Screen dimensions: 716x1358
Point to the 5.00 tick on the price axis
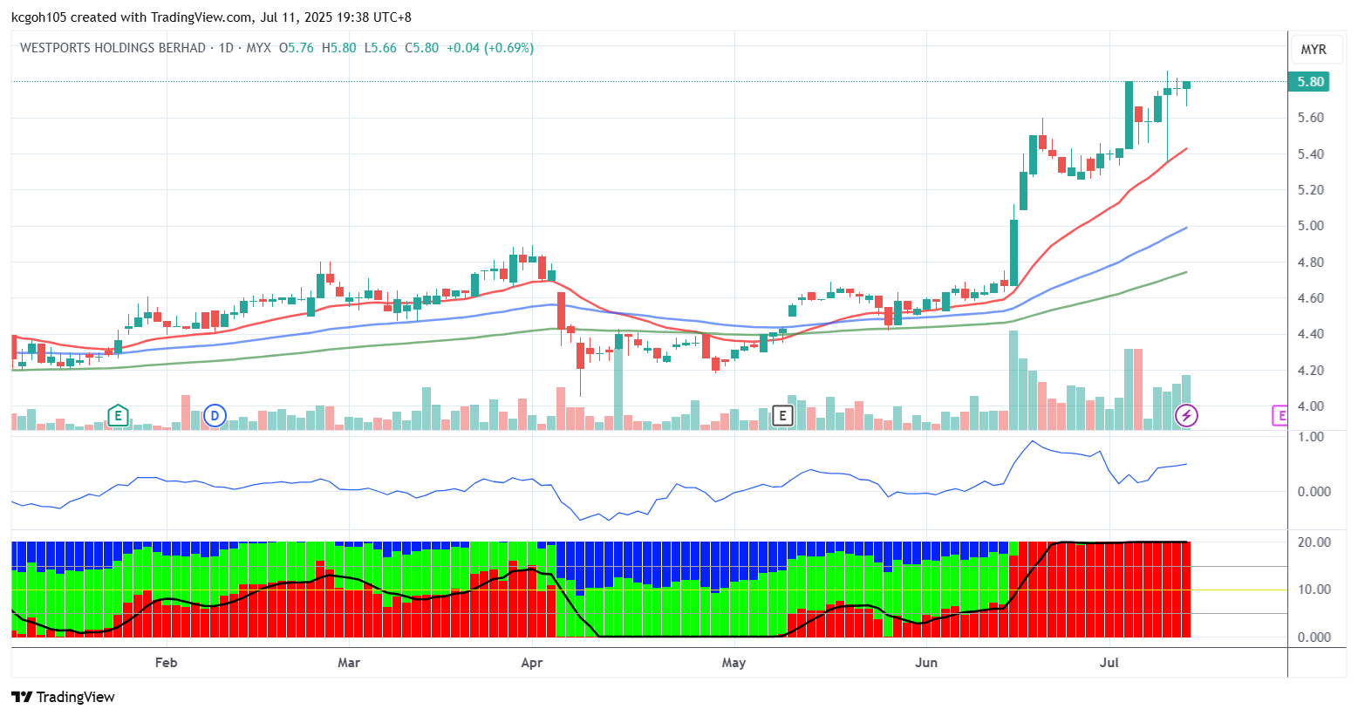pyautogui.click(x=1310, y=226)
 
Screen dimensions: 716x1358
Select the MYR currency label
pyautogui.click(x=1314, y=50)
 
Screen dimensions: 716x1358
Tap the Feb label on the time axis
pyautogui.click(x=166, y=663)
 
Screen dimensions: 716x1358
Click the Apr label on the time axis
pyautogui.click(x=532, y=663)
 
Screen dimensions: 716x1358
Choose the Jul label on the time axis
pyautogui.click(x=1109, y=663)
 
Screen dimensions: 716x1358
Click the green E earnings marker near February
pyautogui.click(x=118, y=416)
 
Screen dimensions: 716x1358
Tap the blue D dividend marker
pyautogui.click(x=215, y=416)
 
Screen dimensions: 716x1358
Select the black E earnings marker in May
pyautogui.click(x=782, y=416)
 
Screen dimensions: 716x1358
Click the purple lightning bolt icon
pyautogui.click(x=1186, y=416)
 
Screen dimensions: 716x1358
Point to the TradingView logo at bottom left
pyautogui.click(x=63, y=697)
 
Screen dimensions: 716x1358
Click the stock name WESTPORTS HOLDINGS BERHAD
pyautogui.click(x=113, y=48)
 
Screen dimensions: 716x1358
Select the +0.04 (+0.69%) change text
pyautogui.click(x=490, y=48)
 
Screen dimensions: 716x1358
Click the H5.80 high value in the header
pyautogui.click(x=339, y=48)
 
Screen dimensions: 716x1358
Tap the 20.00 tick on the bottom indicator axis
pyautogui.click(x=1314, y=542)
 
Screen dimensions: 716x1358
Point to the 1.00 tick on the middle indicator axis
pyautogui.click(x=1310, y=437)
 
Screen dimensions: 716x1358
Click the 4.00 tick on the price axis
pyautogui.click(x=1310, y=406)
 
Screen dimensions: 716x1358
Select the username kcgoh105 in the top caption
pyautogui.click(x=40, y=17)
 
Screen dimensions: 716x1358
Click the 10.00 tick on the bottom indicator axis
pyautogui.click(x=1314, y=590)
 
